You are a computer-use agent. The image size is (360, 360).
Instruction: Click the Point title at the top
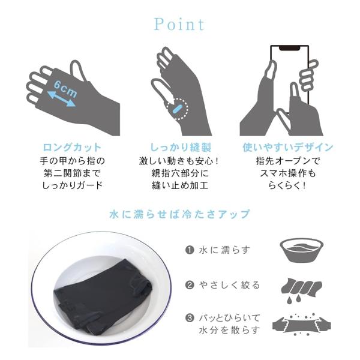pos(179,25)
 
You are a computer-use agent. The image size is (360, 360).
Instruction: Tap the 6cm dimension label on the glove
pos(65,89)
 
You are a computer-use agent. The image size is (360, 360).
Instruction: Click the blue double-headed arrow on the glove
pos(61,99)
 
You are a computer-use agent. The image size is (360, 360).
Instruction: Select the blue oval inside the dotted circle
pos(177,109)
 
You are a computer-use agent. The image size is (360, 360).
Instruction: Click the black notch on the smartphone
pos(289,48)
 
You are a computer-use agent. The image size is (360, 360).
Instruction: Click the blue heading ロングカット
pos(72,147)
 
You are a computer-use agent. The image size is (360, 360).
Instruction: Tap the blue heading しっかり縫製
pos(181,147)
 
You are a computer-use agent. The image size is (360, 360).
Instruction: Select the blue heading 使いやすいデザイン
pos(288,147)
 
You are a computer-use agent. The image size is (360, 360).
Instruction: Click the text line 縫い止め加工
pos(180,185)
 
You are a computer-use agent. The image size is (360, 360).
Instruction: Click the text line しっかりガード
pos(72,185)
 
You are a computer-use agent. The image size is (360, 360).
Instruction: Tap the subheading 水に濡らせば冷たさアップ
pos(179,214)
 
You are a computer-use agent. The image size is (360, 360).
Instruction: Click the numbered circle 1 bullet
pos(190,250)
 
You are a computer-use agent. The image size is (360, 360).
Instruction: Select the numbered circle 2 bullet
pos(190,285)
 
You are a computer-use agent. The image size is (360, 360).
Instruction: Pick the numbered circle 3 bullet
pos(190,318)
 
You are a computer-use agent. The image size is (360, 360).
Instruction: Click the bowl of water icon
pos(301,250)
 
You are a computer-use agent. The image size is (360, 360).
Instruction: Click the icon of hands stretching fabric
pos(301,324)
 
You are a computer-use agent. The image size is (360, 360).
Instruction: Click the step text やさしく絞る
pos(230,285)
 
